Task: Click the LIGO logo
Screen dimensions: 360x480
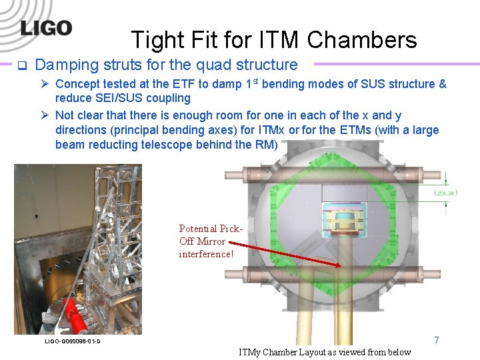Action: click(46, 27)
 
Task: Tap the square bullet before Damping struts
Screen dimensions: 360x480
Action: click(21, 65)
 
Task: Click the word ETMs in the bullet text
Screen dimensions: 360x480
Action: click(371, 130)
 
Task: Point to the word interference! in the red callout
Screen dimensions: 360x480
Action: click(206, 254)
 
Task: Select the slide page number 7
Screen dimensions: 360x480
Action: click(437, 340)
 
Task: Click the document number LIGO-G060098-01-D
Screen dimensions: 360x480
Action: click(73, 341)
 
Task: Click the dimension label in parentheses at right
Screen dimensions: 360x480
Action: click(446, 192)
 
